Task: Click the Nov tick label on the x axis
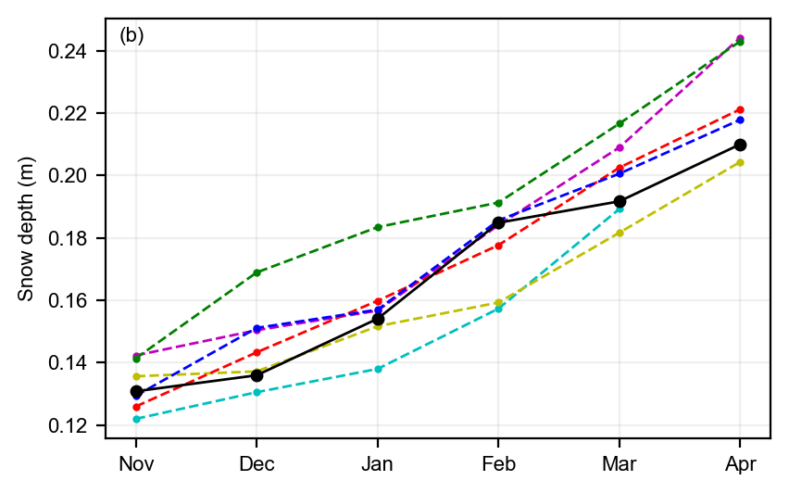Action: coord(136,463)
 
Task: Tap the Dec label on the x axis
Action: coord(257,463)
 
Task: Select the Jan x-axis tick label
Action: coord(378,463)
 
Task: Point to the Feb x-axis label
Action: coord(498,463)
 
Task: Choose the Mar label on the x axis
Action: coord(620,463)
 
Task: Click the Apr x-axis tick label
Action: coord(740,463)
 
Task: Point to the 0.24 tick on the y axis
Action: coord(67,51)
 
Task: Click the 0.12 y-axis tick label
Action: coord(67,425)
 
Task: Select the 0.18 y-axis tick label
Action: coord(67,238)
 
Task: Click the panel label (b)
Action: coord(131,36)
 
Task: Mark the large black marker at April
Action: coord(740,145)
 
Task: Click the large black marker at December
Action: coord(257,375)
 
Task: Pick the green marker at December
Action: coord(257,272)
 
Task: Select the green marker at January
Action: coord(378,227)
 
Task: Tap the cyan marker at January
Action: coord(378,369)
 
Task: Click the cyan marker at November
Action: coord(136,419)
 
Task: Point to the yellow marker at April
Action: coord(740,162)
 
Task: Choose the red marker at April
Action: coord(740,109)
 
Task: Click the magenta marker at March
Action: coord(620,147)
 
